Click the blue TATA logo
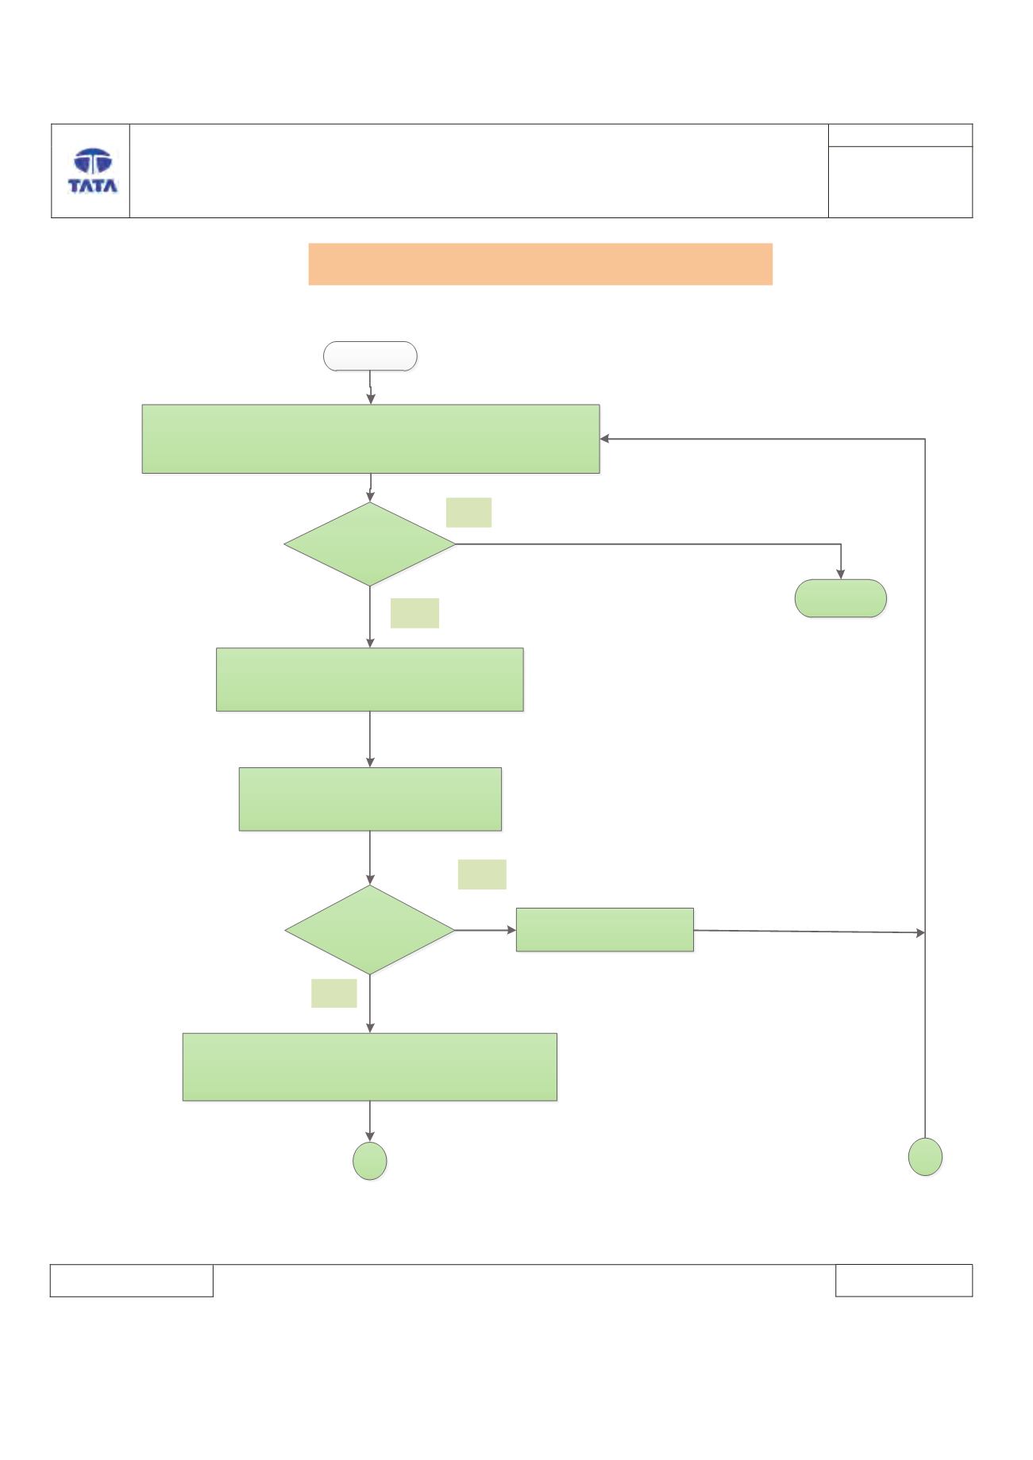93,171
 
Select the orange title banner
540,263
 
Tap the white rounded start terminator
370,356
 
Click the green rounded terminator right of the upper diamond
841,598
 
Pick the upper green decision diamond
370,544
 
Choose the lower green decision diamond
370,930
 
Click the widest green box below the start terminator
371,439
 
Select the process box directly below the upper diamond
370,679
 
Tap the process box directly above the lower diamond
370,799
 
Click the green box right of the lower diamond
605,929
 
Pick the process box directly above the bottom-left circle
370,1066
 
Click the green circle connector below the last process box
370,1162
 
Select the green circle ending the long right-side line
925,1156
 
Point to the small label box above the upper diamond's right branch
468,513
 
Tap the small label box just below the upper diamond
414,613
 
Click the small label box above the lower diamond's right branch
482,874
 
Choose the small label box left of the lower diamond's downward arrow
333,993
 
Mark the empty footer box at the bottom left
132,1281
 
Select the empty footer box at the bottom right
904,1281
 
